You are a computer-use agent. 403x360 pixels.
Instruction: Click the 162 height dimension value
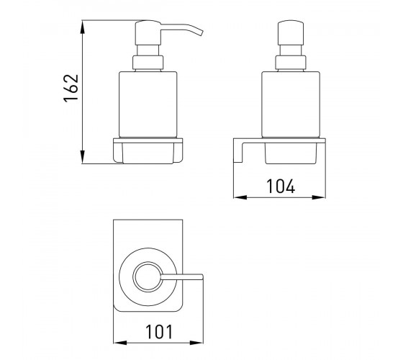(71, 88)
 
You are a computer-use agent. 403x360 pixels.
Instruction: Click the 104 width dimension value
(281, 186)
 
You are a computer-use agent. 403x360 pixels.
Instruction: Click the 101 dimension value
(159, 331)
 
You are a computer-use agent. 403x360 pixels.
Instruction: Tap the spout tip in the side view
(201, 33)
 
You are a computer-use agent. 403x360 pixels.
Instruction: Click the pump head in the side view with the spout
(148, 33)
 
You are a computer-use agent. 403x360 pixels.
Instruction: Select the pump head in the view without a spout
(291, 33)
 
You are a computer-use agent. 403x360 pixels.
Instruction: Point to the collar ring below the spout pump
(148, 63)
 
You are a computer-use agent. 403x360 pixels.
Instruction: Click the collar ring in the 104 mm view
(291, 63)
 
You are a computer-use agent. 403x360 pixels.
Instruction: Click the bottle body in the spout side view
(148, 104)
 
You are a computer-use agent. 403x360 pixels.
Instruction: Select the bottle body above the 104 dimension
(291, 104)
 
